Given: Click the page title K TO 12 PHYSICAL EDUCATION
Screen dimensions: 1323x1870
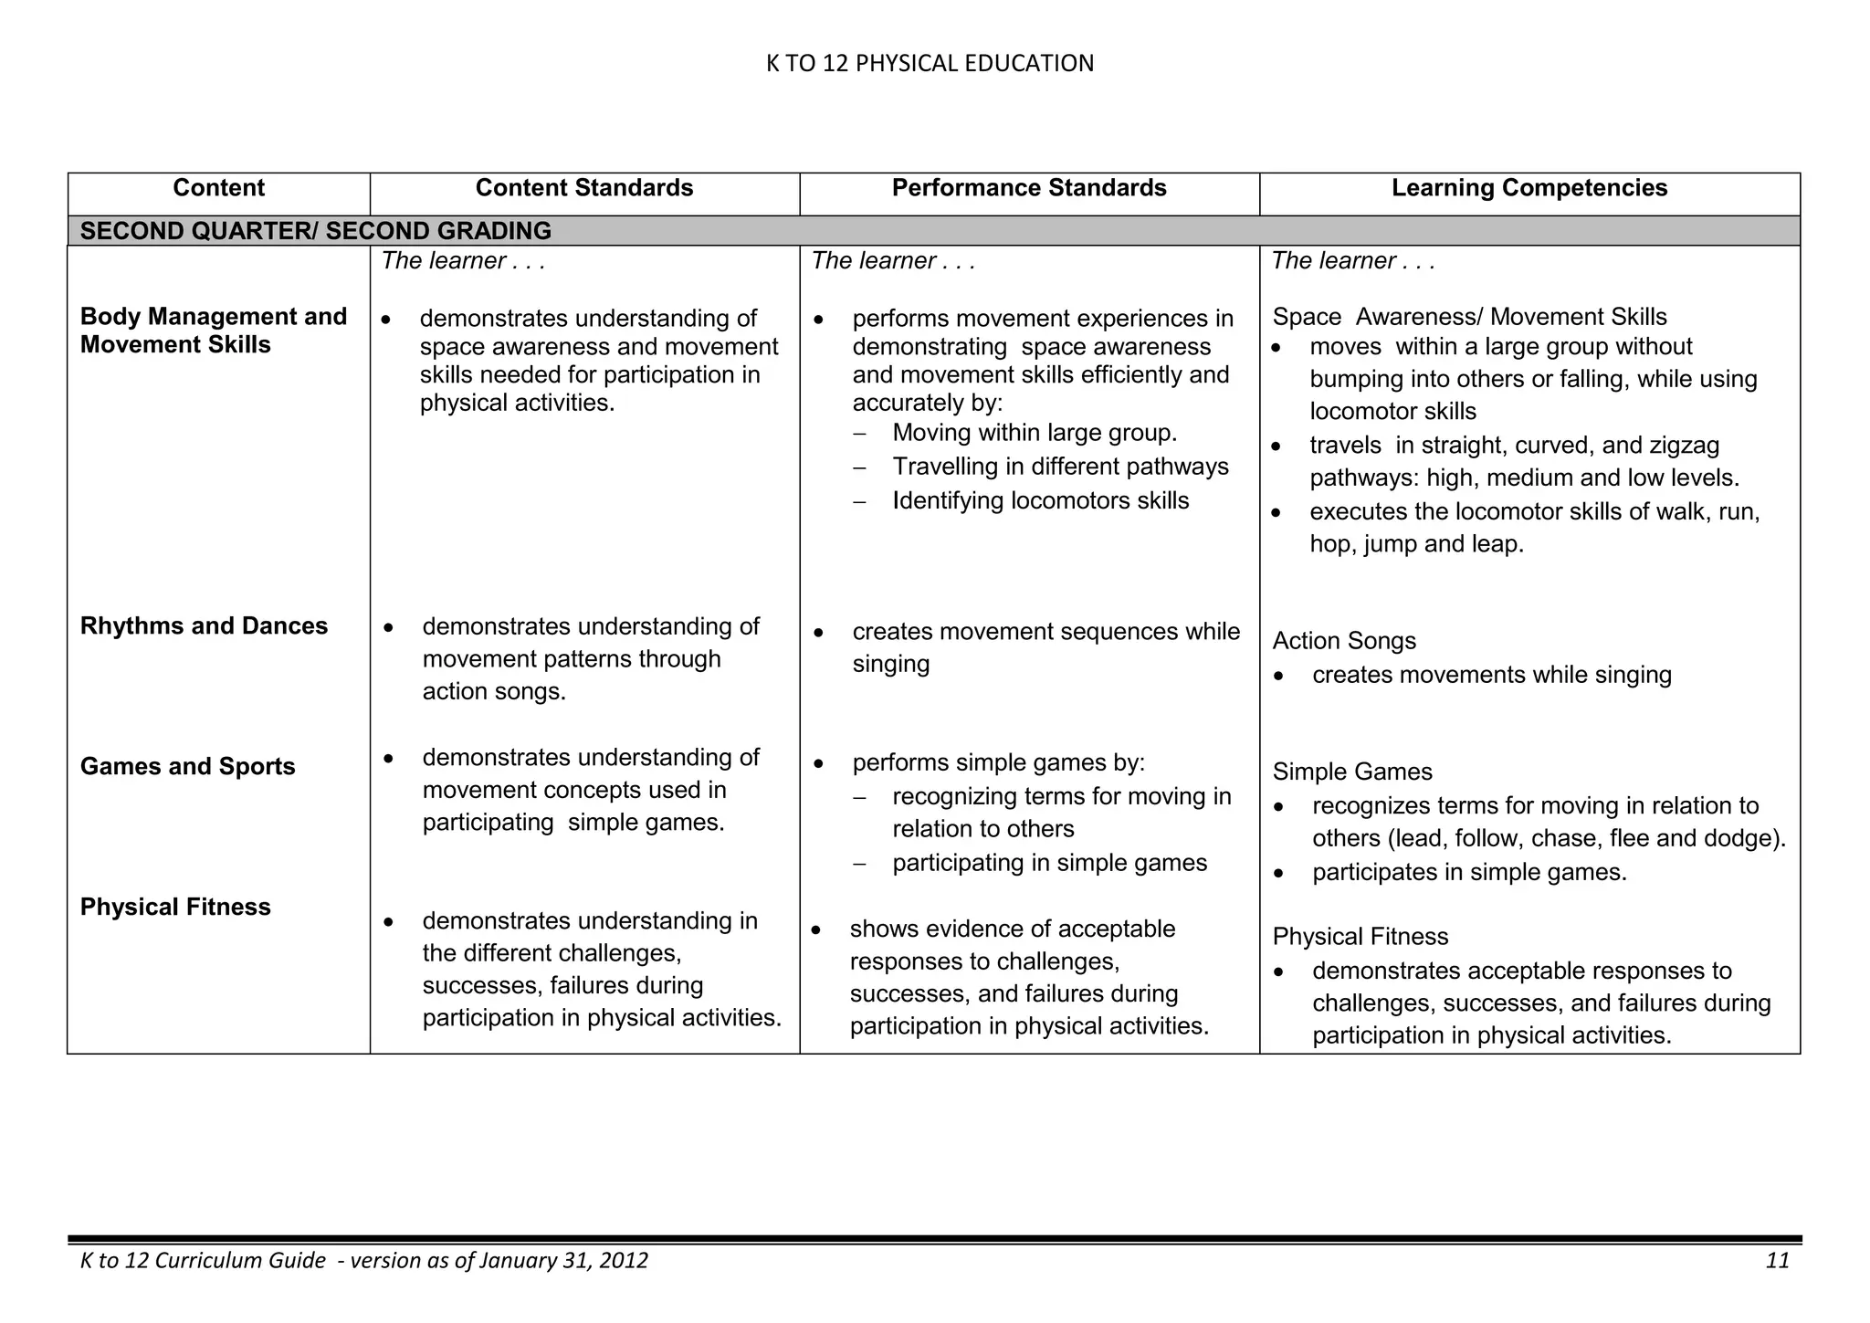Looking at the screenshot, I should pos(929,63).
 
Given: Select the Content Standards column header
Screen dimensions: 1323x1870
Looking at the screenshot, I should pos(583,188).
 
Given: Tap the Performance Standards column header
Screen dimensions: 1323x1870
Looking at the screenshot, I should pos(1028,188).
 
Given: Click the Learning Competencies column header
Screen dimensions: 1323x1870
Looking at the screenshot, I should pos(1529,188).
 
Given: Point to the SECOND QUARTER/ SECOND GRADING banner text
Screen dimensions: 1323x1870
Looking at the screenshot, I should pos(315,231).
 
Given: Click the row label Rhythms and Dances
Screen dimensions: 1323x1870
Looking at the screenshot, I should pos(204,626).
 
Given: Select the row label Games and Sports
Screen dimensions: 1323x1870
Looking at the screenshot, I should pos(187,767).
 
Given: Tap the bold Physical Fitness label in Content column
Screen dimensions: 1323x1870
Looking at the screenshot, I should pos(175,908).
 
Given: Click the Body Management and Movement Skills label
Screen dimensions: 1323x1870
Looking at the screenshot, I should pos(213,331).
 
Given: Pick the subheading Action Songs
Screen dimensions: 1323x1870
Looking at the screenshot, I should pos(1343,641).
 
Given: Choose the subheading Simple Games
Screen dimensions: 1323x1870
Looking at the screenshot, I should pos(1351,772).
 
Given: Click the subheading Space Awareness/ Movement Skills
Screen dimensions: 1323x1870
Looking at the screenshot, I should pos(1468,318).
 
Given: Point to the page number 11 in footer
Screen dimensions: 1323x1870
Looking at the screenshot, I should pos(1777,1261).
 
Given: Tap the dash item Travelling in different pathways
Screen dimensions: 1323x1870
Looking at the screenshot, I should pos(1059,467).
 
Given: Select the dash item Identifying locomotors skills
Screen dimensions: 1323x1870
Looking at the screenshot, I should pos(1040,501).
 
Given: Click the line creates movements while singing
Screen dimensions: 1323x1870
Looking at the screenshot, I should pos(1491,676).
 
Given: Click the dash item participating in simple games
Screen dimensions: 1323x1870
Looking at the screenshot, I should pos(1048,864).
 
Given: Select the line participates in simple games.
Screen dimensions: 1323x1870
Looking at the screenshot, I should pos(1468,873).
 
